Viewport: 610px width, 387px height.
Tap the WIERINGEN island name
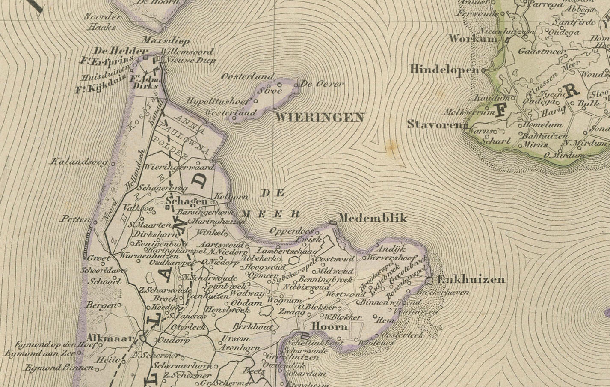[320, 118]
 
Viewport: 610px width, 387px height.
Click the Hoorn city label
[330, 326]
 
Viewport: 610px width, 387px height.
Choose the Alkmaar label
[110, 338]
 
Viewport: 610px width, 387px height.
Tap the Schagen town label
[186, 201]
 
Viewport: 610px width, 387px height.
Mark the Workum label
[473, 39]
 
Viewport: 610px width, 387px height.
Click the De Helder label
[120, 51]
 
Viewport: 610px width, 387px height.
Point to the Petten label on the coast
[74, 219]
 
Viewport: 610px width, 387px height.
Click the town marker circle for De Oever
[296, 85]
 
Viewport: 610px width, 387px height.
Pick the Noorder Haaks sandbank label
[102, 22]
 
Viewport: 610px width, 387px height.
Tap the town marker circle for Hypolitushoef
[256, 101]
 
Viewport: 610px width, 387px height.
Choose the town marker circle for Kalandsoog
[113, 164]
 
